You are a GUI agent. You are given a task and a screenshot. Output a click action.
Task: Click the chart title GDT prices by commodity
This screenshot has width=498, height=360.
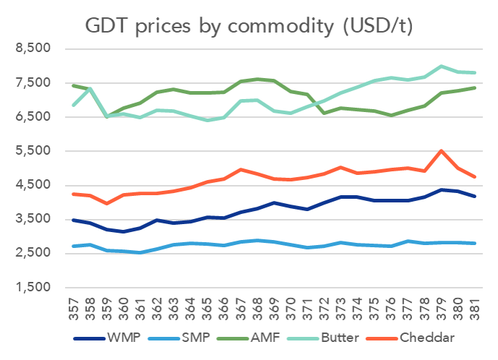click(249, 27)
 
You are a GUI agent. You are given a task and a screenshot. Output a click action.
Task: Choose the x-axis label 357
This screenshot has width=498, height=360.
click(74, 309)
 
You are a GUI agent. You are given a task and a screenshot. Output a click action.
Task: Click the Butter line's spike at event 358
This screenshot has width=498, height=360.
click(90, 88)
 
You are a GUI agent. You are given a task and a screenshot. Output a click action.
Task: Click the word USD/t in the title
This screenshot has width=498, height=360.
click(376, 27)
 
